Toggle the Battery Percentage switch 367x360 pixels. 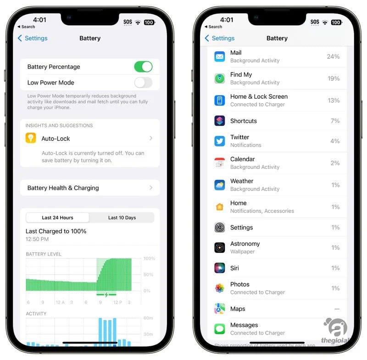(x=143, y=67)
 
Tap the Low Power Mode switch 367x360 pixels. (x=143, y=83)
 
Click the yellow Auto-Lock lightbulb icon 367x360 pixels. (x=31, y=138)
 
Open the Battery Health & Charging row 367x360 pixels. (x=90, y=188)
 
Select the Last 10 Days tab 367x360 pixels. (x=122, y=218)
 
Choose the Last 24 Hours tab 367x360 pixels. (x=58, y=218)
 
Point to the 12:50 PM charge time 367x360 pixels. (x=37, y=239)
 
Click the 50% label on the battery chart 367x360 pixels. (x=148, y=275)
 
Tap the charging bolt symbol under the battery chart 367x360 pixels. (x=106, y=294)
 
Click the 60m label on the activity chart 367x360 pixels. (x=148, y=318)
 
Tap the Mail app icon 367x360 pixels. (x=220, y=56)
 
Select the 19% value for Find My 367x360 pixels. (x=334, y=79)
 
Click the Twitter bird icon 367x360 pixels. (x=220, y=141)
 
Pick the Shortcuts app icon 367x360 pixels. (x=220, y=121)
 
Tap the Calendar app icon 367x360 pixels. (x=220, y=163)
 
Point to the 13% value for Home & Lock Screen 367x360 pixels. (x=334, y=101)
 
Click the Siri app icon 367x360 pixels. (x=220, y=268)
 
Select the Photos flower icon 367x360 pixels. (x=220, y=288)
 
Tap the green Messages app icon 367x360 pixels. (x=220, y=329)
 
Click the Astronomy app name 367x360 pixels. (x=245, y=244)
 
